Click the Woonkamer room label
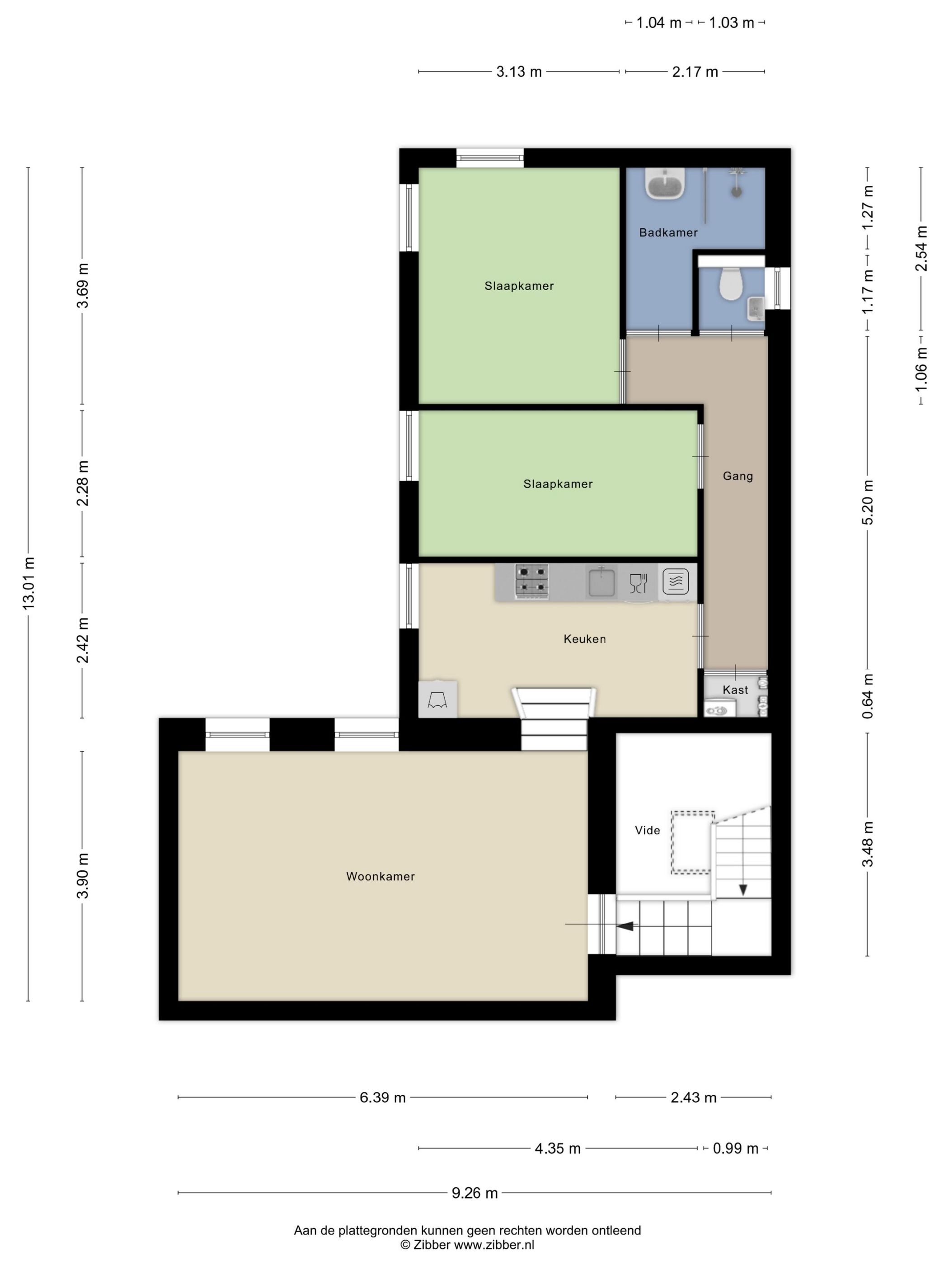point(381,876)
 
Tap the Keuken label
point(585,639)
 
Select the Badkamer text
point(668,232)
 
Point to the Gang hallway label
point(738,476)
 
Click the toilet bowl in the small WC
point(730,283)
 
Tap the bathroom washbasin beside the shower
point(666,184)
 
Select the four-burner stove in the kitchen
point(532,582)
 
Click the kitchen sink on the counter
point(601,581)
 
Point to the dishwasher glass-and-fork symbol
point(638,583)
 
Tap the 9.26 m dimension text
point(475,1193)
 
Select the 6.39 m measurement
point(383,1098)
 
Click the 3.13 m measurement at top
point(519,72)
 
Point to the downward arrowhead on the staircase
point(742,890)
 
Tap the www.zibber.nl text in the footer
point(494,1245)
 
